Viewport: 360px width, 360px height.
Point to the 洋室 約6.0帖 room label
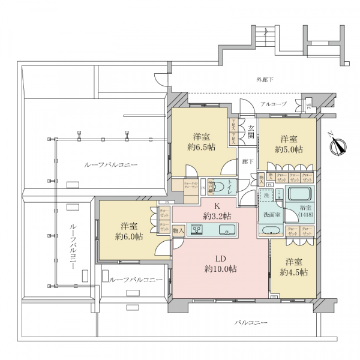[x=130, y=231]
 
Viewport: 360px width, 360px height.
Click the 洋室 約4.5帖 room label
[x=294, y=267]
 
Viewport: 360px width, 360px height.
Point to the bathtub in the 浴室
[x=301, y=196]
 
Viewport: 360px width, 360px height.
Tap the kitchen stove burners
[x=196, y=229]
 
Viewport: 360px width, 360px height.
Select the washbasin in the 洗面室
[x=271, y=230]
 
